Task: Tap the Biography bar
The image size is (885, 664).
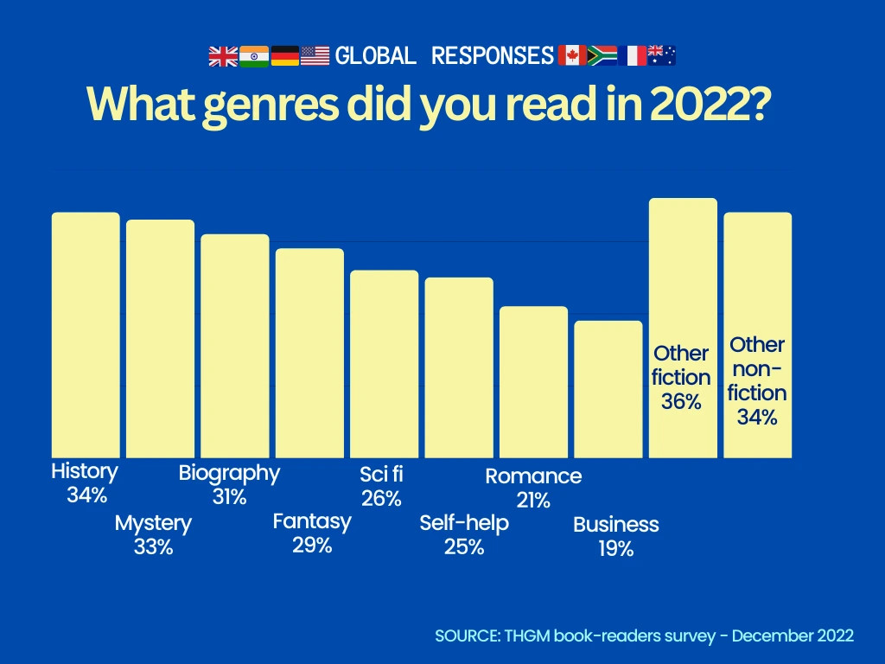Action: point(235,346)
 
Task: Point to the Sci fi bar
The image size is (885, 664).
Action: point(384,364)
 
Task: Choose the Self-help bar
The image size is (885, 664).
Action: point(459,367)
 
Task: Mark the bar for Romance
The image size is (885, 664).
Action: point(533,381)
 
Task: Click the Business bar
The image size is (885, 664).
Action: point(608,389)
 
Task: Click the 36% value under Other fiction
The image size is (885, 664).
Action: point(681,401)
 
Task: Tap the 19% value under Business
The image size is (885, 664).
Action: point(615,548)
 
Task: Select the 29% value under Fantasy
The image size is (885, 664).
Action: point(312,545)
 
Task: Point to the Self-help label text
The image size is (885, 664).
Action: point(464,523)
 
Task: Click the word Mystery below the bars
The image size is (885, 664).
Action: point(153,523)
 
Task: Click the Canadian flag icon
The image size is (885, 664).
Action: point(572,56)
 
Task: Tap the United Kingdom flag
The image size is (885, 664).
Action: point(223,56)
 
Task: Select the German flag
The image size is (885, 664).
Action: point(285,56)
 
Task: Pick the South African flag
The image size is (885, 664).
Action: point(602,56)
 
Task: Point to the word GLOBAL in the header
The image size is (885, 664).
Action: point(376,56)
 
